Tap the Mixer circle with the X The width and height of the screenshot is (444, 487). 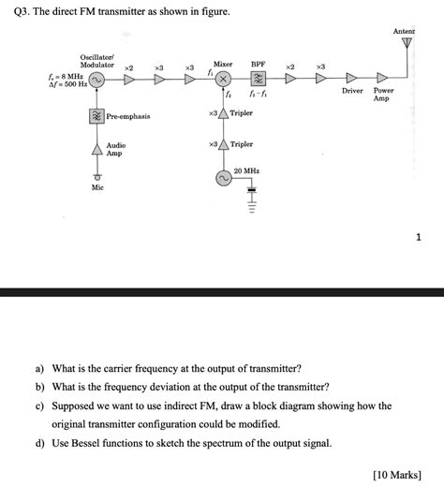pos(224,80)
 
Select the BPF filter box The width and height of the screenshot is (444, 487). pos(258,80)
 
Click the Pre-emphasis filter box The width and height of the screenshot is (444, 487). pos(96,116)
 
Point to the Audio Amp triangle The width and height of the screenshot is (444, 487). pos(96,149)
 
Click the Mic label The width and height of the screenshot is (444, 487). pos(97,188)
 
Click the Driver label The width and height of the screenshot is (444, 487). pos(352,91)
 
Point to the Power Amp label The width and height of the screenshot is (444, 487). pos(384,95)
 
